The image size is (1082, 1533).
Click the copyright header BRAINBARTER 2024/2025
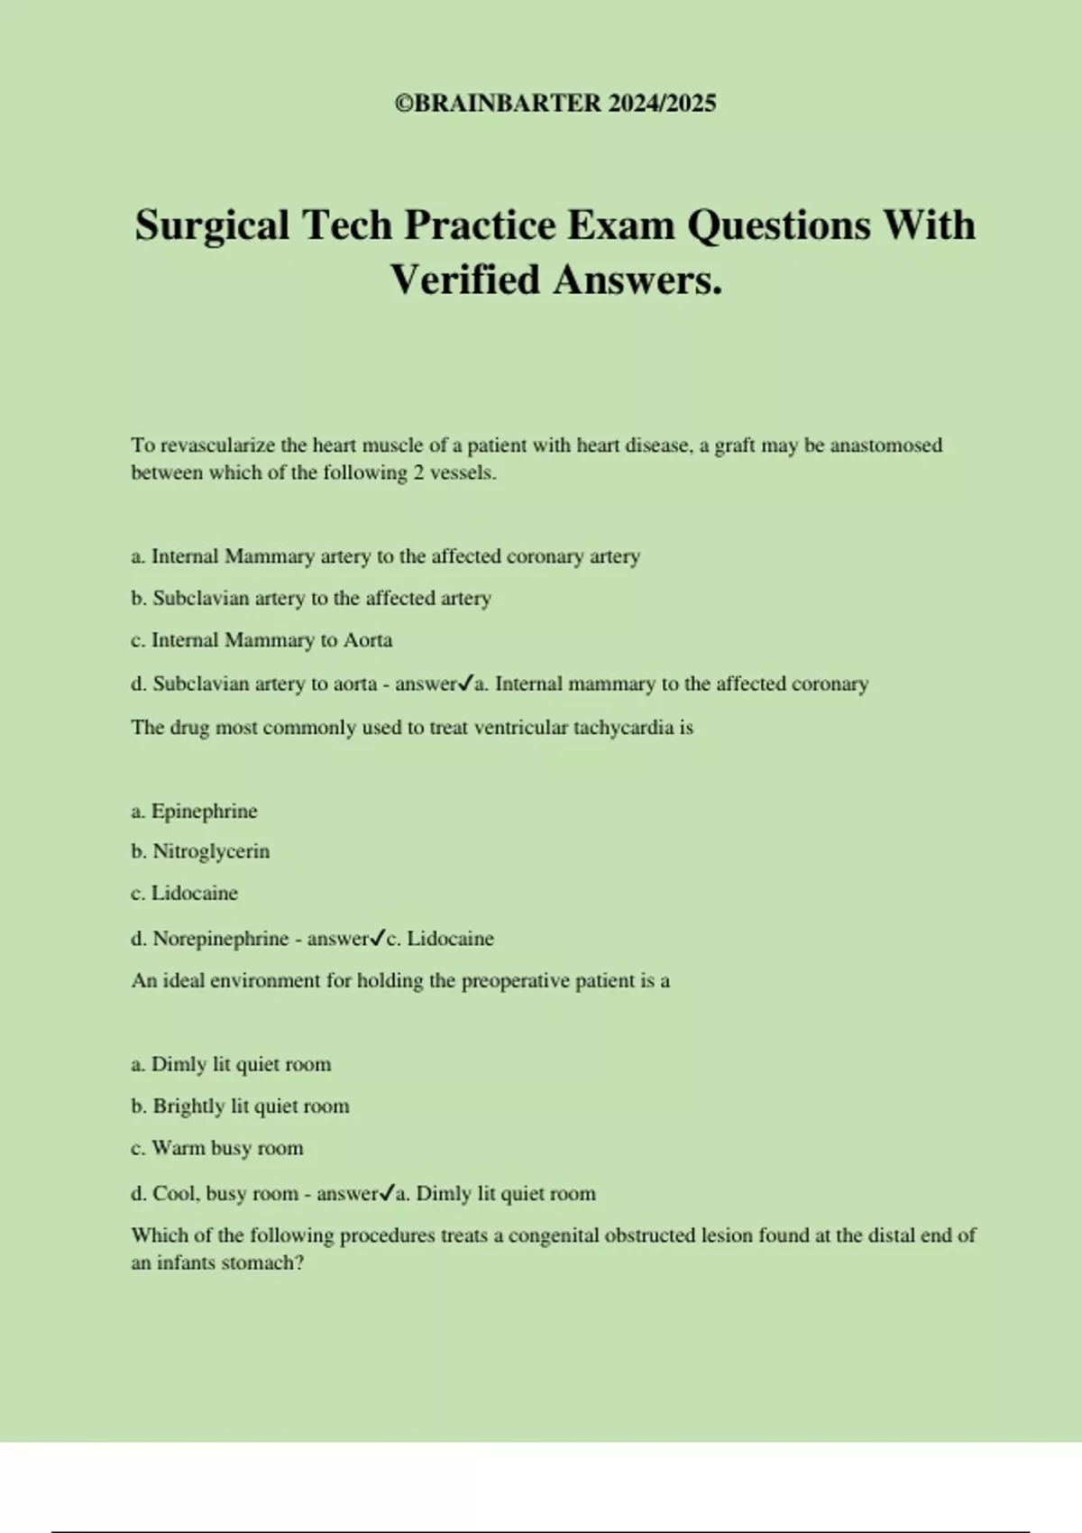pyautogui.click(x=555, y=104)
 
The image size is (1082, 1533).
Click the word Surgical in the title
pyautogui.click(x=213, y=225)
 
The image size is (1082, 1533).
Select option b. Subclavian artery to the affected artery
pyautogui.click(x=311, y=598)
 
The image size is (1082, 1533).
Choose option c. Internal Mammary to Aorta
pyautogui.click(x=261, y=640)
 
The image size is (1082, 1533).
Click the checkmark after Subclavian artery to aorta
pyautogui.click(x=466, y=684)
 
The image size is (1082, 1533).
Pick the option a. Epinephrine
pyautogui.click(x=194, y=812)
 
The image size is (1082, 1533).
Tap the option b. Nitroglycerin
pyautogui.click(x=200, y=851)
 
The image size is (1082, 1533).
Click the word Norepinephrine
pyautogui.click(x=220, y=939)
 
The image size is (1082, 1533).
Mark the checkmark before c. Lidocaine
pyautogui.click(x=378, y=938)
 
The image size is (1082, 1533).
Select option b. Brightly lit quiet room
pyautogui.click(x=240, y=1106)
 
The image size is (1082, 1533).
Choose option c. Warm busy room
pyautogui.click(x=217, y=1148)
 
